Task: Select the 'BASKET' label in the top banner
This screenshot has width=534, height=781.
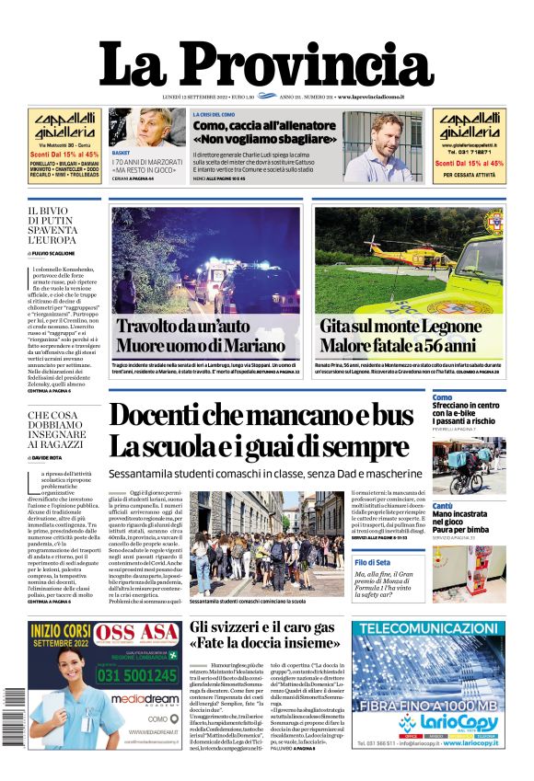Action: (x=121, y=152)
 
